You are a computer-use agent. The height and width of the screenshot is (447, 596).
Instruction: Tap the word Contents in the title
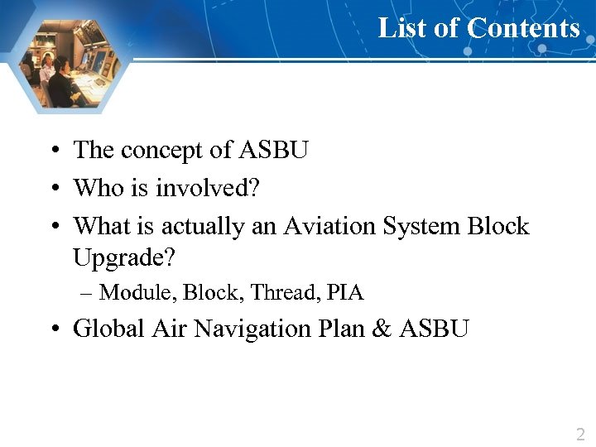pyautogui.click(x=522, y=28)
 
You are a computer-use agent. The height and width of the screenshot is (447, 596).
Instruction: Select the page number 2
pyautogui.click(x=579, y=434)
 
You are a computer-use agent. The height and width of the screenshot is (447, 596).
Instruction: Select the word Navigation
pyautogui.click(x=249, y=329)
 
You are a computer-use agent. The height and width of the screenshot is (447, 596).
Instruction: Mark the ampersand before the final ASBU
pyautogui.click(x=382, y=329)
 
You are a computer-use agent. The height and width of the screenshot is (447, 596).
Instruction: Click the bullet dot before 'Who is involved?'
pyautogui.click(x=52, y=189)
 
